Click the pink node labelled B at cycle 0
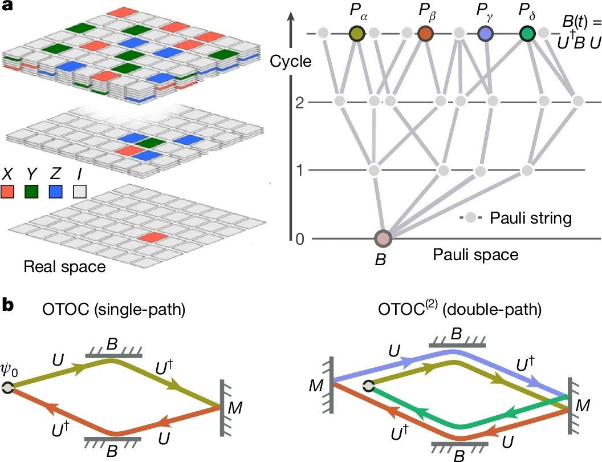click(x=383, y=239)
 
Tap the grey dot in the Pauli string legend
click(x=470, y=217)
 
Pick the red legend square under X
click(x=9, y=191)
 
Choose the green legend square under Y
click(x=32, y=191)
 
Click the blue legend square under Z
click(x=56, y=191)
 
